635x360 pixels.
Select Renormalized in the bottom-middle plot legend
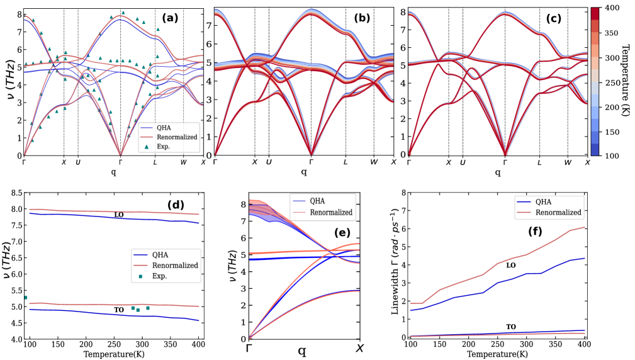point(331,212)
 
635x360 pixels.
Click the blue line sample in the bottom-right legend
point(524,202)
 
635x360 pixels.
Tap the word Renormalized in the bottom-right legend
point(558,213)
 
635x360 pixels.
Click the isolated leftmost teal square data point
point(26,297)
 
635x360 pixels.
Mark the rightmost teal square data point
point(148,308)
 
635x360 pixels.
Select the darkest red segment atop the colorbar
point(594,13)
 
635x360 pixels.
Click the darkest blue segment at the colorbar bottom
point(594,149)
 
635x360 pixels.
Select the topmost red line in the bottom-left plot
point(113,211)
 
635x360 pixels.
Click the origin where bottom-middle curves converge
point(250,338)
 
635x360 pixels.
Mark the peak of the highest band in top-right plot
point(505,13)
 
